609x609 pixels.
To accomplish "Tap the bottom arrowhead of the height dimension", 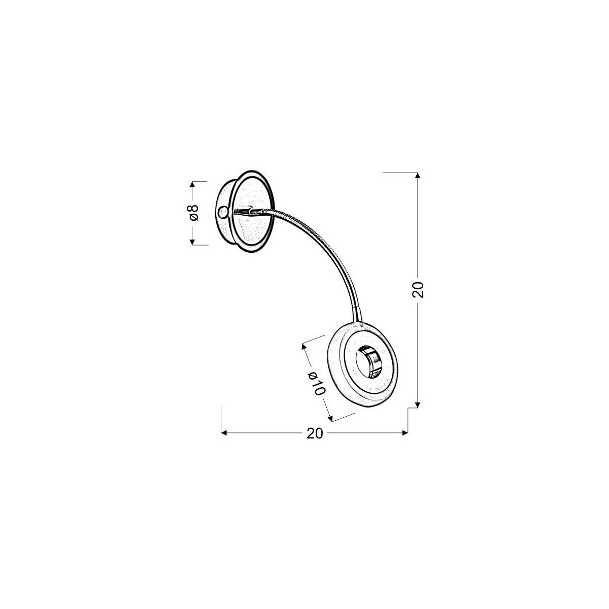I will tap(417, 404).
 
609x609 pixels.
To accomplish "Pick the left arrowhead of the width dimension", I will tap(224, 433).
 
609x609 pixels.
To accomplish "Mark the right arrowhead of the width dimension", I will tap(405, 433).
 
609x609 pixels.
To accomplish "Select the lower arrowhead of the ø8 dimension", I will tap(192, 242).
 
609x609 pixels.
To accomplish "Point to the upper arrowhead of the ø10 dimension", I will tap(304, 347).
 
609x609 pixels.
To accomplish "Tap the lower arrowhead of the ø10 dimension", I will tap(331, 418).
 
